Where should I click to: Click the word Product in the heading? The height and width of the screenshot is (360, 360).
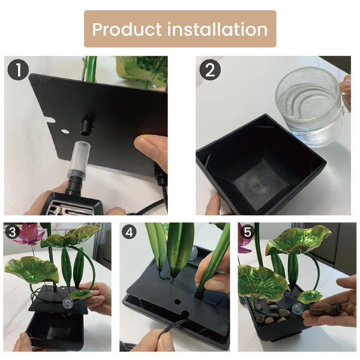tap(127, 29)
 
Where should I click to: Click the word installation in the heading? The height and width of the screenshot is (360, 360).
tap(217, 29)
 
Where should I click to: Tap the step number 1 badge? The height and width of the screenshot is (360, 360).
tap(18, 70)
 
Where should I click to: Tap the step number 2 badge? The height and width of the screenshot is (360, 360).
tap(210, 70)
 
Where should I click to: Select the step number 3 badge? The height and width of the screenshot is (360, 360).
tap(12, 232)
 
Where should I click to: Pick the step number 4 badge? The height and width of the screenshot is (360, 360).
tap(129, 232)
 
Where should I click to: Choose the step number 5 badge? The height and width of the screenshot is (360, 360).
tap(247, 232)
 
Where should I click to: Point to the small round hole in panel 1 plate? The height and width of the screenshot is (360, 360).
tap(65, 131)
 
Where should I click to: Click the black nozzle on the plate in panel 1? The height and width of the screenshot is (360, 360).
tap(87, 127)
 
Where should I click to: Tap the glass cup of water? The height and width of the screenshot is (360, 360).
tap(313, 106)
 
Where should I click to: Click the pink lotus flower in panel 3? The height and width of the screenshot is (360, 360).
tap(28, 235)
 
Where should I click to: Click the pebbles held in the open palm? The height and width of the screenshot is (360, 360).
tap(325, 308)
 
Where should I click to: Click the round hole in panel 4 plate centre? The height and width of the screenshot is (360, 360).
tap(177, 301)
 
